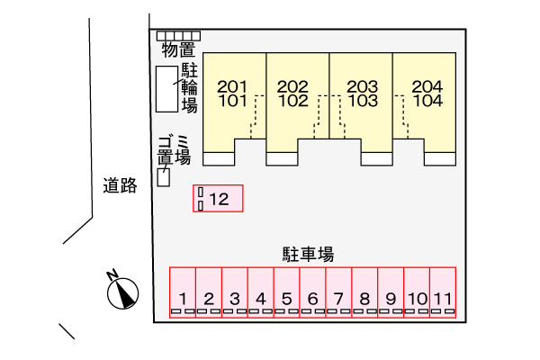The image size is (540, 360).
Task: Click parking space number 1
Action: click(x=183, y=292)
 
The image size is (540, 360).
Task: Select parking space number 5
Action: click(x=287, y=292)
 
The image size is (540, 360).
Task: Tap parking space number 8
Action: click(x=364, y=292)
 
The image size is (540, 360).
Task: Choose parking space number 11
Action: click(x=443, y=292)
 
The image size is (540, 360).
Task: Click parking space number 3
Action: click(x=235, y=292)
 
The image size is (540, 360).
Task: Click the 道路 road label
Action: click(x=119, y=187)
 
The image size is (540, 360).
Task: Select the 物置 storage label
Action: click(x=178, y=49)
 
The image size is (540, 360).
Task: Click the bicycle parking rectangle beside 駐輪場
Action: click(x=166, y=89)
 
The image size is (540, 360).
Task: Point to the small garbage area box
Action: click(x=164, y=176)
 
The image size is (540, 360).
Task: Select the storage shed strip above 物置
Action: click(x=178, y=36)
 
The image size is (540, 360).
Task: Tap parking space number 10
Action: click(x=417, y=292)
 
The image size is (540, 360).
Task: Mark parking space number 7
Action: click(x=338, y=292)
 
